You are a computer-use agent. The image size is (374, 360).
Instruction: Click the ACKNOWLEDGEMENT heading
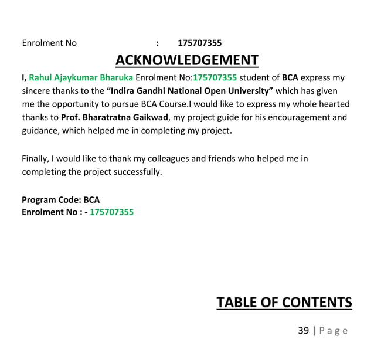pyautogui.click(x=186, y=60)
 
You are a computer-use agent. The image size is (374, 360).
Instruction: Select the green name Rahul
pyautogui.click(x=41, y=77)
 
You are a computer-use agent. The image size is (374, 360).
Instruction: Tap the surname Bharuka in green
pyautogui.click(x=117, y=77)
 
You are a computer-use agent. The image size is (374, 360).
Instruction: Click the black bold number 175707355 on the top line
pyautogui.click(x=199, y=43)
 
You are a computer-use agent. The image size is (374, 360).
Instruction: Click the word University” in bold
pyautogui.click(x=251, y=91)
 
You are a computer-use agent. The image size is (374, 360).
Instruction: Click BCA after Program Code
pyautogui.click(x=91, y=199)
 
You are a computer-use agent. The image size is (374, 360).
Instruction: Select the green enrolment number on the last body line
pyautogui.click(x=111, y=212)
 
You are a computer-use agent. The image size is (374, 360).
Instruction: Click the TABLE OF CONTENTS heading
pyautogui.click(x=284, y=303)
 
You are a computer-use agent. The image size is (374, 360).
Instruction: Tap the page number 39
pyautogui.click(x=303, y=331)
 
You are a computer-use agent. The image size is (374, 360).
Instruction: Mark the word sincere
pyautogui.click(x=37, y=91)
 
